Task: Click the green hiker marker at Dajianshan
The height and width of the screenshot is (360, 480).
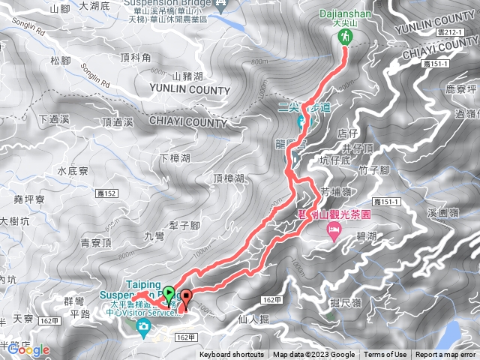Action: (345, 37)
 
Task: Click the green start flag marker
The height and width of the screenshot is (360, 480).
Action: (169, 293)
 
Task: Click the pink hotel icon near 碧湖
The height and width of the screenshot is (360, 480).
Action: (334, 235)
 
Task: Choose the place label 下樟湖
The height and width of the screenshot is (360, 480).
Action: (175, 158)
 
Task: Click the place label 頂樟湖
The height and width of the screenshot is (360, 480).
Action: (228, 178)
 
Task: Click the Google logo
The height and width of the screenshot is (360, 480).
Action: (30, 349)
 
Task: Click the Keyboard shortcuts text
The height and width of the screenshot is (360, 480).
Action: (232, 355)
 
